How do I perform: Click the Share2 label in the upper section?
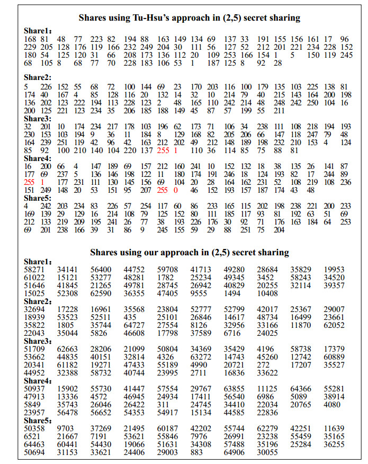pyautogui.click(x=38, y=78)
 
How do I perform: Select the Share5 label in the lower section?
pyautogui.click(x=38, y=421)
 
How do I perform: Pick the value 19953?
pyautogui.click(x=334, y=270)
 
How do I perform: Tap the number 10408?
pyautogui.click(x=267, y=293)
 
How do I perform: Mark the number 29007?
pyautogui.click(x=334, y=309)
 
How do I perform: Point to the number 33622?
pyautogui.click(x=267, y=372)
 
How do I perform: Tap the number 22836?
pyautogui.click(x=267, y=412)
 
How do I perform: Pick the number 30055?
pyautogui.click(x=267, y=452)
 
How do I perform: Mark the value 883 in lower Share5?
pyautogui.click(x=197, y=452)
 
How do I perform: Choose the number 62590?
pyautogui.click(x=101, y=293)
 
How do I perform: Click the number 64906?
pyautogui.click(x=234, y=452)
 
